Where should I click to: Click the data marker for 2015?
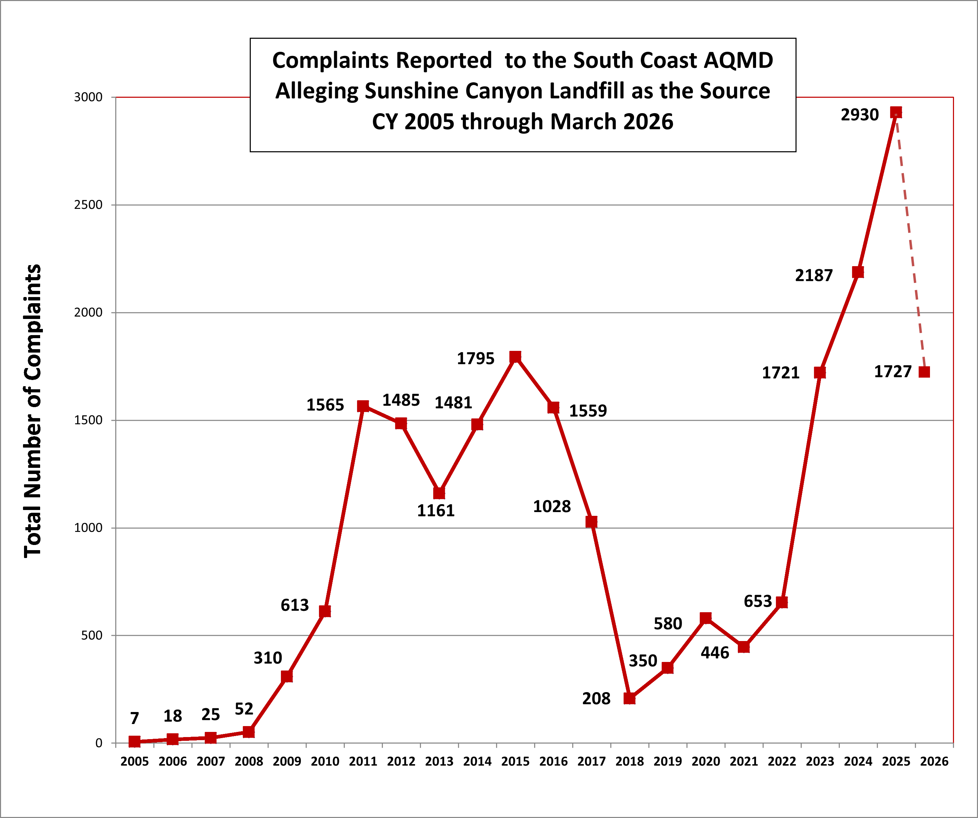tap(515, 357)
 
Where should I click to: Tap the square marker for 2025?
tap(896, 112)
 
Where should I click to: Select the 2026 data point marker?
tap(924, 372)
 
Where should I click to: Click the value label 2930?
tap(859, 115)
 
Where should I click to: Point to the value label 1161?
tap(435, 511)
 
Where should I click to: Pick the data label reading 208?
tap(596, 698)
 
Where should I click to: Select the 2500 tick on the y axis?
tap(88, 205)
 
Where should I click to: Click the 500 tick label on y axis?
tap(92, 636)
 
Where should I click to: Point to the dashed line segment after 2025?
tap(910, 242)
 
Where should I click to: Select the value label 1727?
tap(892, 371)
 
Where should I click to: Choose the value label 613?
tap(294, 605)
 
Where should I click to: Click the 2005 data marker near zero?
tap(134, 742)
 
